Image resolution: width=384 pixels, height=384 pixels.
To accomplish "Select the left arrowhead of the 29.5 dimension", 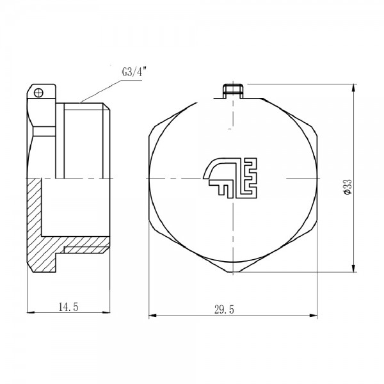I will click(151, 316).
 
